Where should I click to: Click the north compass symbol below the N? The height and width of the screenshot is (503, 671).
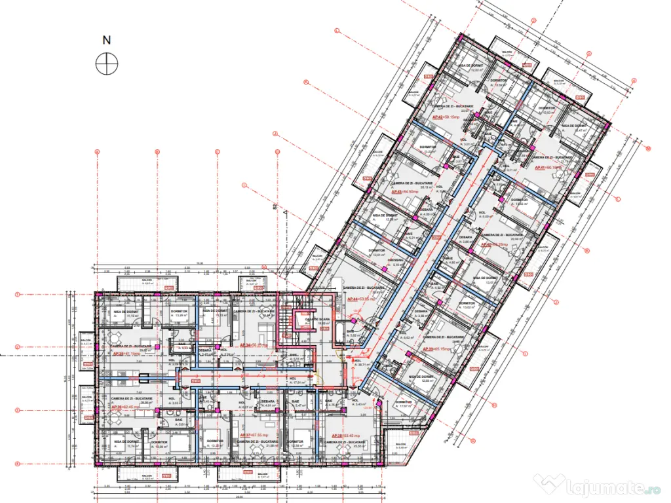coord(106,64)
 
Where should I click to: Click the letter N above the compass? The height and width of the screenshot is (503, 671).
coord(106,40)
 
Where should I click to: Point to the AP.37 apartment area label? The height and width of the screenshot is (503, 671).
coord(255,434)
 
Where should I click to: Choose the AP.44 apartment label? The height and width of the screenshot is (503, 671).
coord(361,299)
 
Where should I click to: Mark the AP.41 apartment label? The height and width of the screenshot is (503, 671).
coord(548,168)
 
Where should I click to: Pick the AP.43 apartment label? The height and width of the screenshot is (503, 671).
coord(408,192)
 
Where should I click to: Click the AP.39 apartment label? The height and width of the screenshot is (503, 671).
coord(436,349)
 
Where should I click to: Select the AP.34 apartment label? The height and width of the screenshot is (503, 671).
coord(254,344)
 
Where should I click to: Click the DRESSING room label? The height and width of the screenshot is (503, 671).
coord(396,261)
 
